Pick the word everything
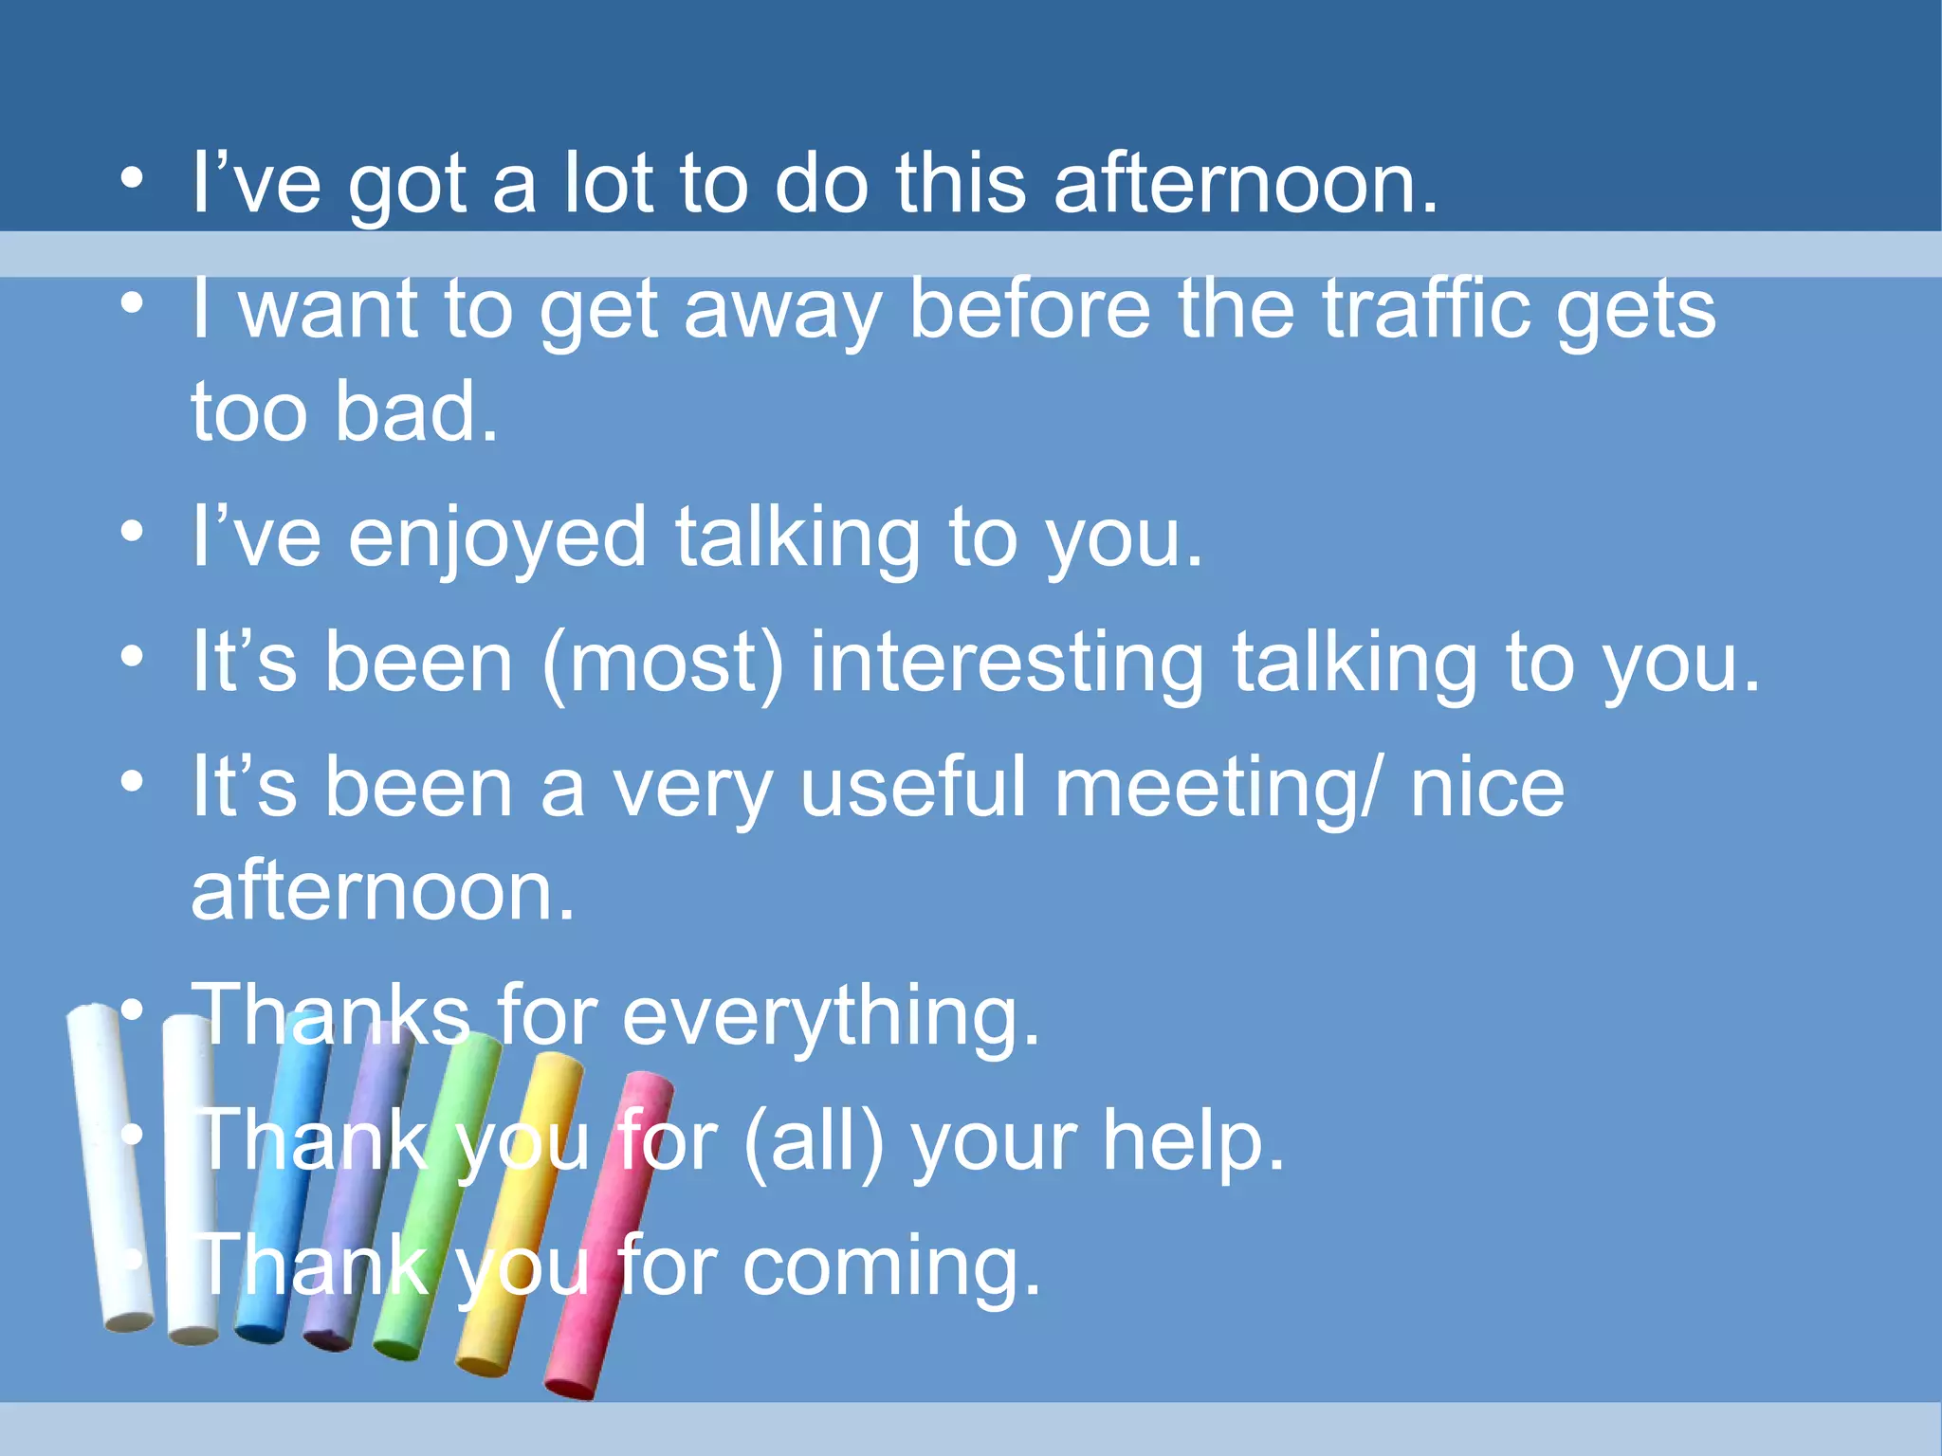click(x=831, y=1015)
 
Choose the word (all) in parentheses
click(x=814, y=1140)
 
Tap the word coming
click(x=891, y=1267)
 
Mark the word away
click(x=783, y=311)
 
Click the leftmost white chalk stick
click(x=109, y=1166)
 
